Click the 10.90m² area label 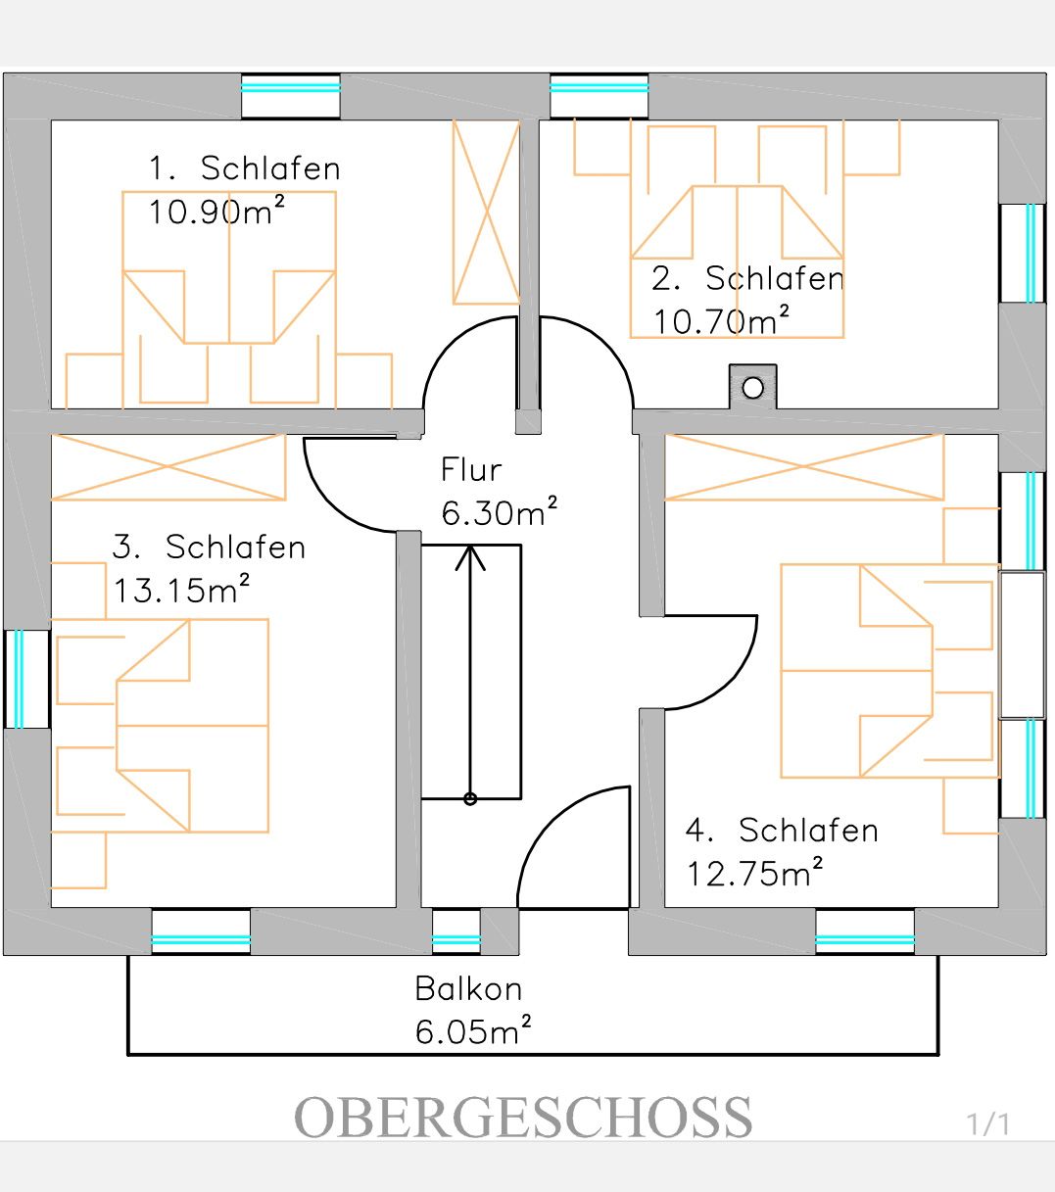tap(216, 211)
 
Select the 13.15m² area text tap(182, 590)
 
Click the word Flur tap(471, 470)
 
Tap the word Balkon tap(468, 988)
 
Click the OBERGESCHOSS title tap(523, 1118)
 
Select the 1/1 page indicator tap(987, 1123)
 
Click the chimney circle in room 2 tap(752, 388)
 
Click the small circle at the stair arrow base tap(470, 798)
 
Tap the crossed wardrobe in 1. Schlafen tap(485, 212)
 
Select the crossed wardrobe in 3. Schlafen tap(168, 467)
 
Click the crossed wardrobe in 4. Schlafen tap(803, 467)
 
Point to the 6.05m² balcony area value tap(473, 1031)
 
